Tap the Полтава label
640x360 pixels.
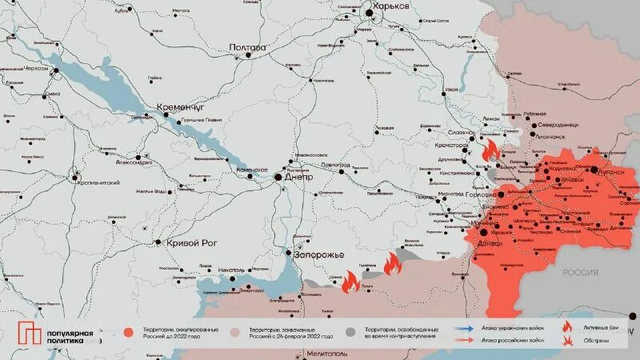[x=247, y=47]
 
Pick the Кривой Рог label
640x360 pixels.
[x=192, y=242]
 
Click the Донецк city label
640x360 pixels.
[x=490, y=242]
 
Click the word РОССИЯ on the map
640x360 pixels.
[x=580, y=273]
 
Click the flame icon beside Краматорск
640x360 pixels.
[x=490, y=150]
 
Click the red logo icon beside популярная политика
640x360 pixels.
[x=30, y=334]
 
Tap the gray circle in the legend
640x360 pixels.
[x=350, y=330]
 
